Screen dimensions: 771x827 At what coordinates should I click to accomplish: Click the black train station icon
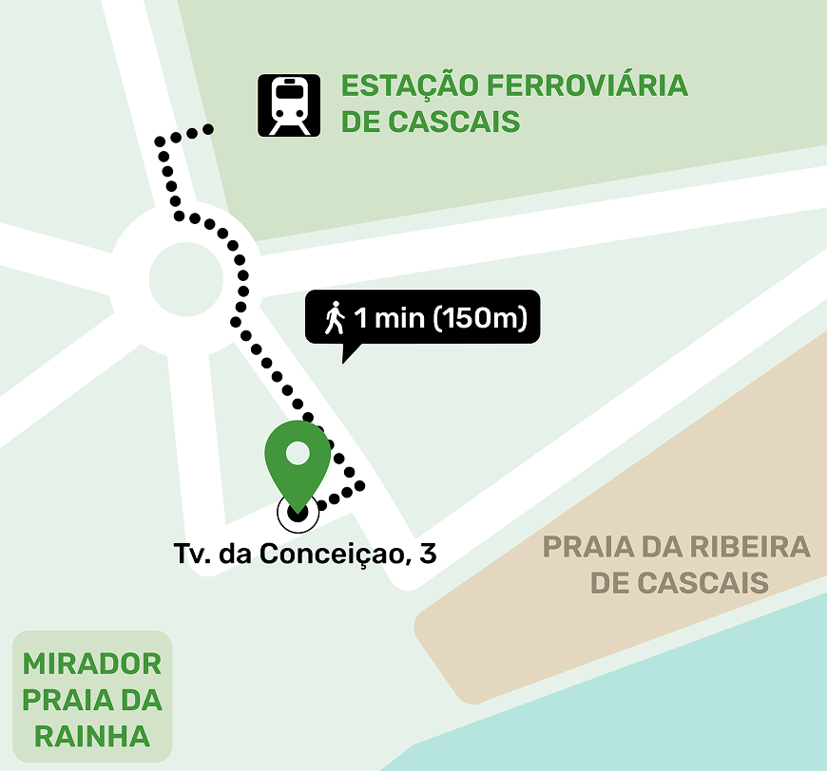pos(288,105)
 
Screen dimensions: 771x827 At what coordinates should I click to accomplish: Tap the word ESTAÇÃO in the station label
pos(408,85)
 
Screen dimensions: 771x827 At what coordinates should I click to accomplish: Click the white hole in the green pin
pos(298,452)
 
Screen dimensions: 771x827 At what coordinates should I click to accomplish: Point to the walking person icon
pos(334,317)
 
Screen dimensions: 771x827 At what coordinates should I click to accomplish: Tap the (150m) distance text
pos(480,317)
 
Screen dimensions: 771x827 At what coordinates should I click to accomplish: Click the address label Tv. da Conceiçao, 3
pos(305,554)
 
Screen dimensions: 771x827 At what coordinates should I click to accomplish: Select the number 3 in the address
pos(429,554)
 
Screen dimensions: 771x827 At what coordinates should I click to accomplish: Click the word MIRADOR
pos(91,664)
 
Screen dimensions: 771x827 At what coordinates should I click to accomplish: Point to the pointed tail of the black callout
pos(346,356)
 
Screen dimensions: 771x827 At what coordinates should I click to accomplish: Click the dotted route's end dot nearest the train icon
pos(208,129)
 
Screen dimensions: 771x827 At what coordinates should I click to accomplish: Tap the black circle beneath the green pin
pos(298,513)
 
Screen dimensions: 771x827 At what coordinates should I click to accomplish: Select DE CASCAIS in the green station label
pos(430,122)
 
